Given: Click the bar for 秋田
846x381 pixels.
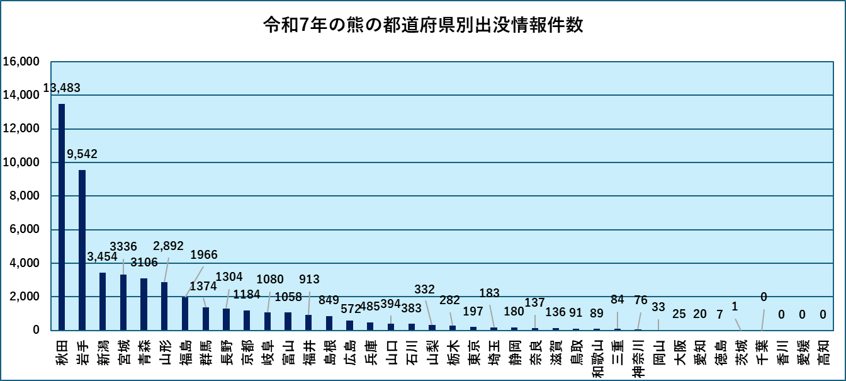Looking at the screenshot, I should click(62, 217).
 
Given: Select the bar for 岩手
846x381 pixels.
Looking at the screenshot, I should click(82, 250).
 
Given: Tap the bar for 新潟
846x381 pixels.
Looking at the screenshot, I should click(103, 301).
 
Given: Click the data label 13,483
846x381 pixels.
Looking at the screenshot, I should click(62, 88).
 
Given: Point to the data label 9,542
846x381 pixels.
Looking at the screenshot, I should click(82, 154).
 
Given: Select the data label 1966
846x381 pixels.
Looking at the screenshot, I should click(204, 255).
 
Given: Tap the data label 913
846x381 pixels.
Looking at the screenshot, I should click(309, 279).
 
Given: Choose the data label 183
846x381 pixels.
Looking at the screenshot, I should click(489, 293).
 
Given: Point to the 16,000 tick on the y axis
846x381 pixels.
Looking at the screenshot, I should click(21, 62).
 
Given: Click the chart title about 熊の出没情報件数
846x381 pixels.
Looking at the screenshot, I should click(423, 26).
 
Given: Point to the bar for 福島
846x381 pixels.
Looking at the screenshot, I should click(185, 314).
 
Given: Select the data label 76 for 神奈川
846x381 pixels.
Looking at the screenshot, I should click(641, 299).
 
